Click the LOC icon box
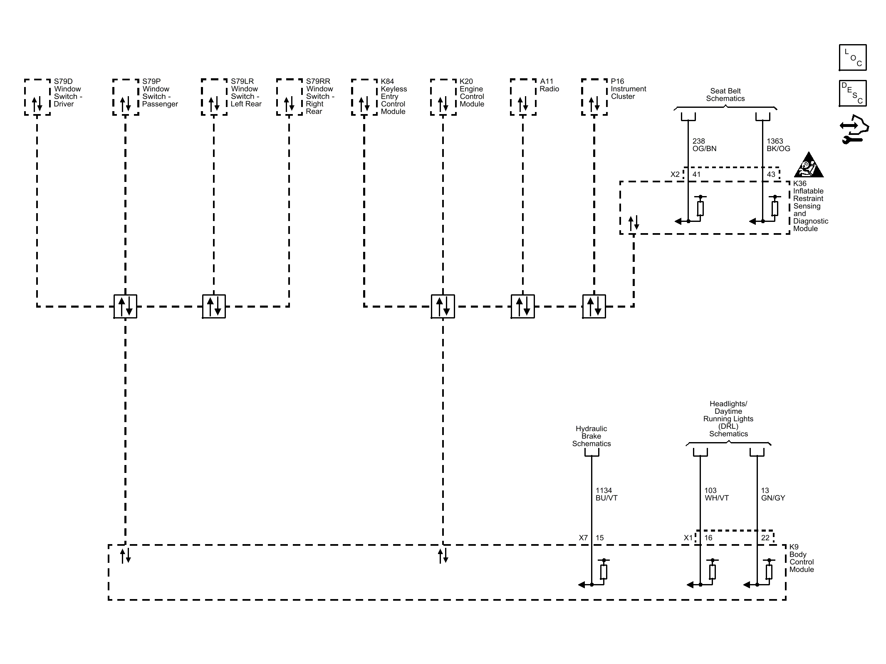853,57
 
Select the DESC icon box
853,93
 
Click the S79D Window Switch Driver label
68,93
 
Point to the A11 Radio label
549,85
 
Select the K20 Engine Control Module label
472,93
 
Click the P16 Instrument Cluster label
629,89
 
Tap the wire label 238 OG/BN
704,145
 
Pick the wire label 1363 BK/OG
778,145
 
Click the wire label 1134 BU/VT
606,494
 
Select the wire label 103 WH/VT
717,494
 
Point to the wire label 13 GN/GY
773,494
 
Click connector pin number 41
696,174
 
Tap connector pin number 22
765,538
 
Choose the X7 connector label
583,538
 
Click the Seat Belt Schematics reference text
725,95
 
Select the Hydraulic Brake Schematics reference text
591,436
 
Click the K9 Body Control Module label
802,558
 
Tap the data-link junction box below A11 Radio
523,306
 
